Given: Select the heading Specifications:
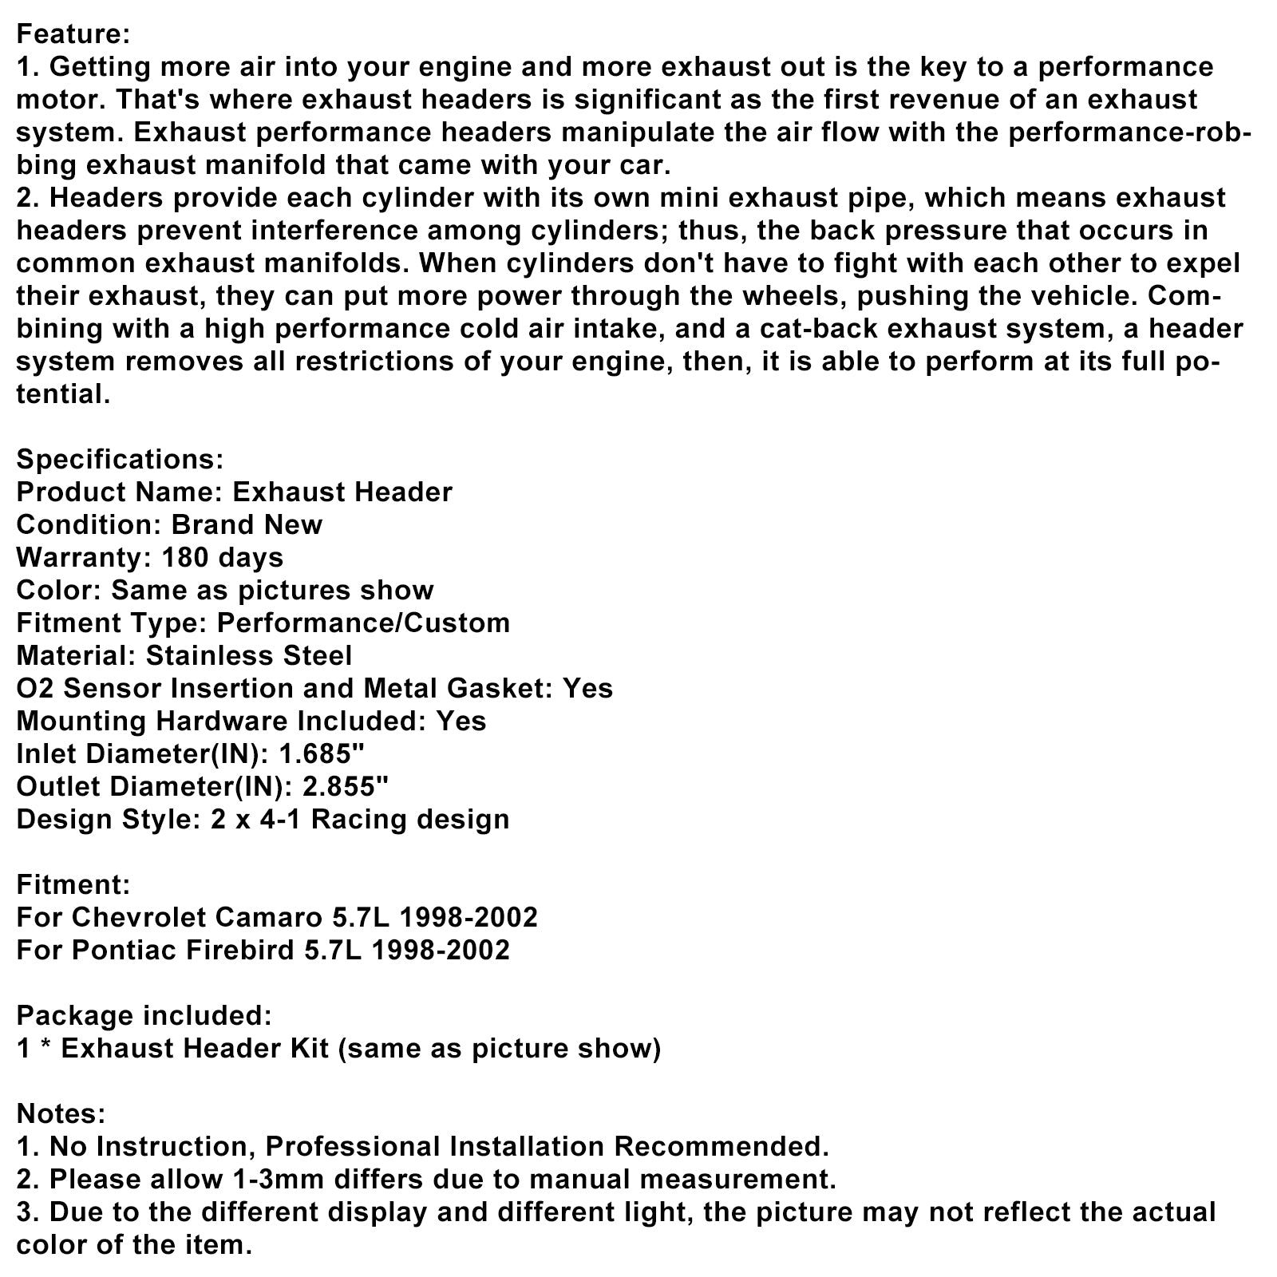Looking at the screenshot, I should pyautogui.click(x=120, y=460).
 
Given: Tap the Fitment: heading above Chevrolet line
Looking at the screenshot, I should pyautogui.click(x=73, y=884).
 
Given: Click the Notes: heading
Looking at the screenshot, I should pyautogui.click(x=61, y=1113).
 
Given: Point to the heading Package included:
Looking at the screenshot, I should pyautogui.click(x=144, y=1015).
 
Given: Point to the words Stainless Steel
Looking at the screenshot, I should pyautogui.click(x=249, y=655).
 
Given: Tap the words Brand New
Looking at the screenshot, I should pyautogui.click(x=247, y=524).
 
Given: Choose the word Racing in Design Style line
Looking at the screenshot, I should pyautogui.click(x=348, y=819).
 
